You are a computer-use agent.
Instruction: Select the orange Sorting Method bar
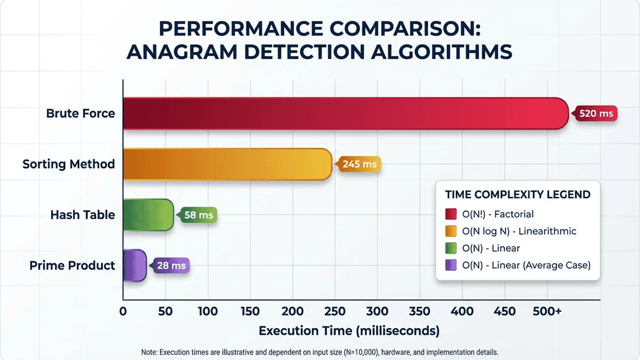click(x=228, y=164)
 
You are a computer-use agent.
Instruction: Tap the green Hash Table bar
click(x=148, y=215)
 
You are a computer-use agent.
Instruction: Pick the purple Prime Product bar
click(x=134, y=265)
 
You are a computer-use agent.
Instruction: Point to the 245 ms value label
click(x=359, y=164)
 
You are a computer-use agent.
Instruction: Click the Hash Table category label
click(x=83, y=215)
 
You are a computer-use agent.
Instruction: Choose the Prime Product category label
click(x=73, y=265)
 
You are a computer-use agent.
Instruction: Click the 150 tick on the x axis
click(x=250, y=311)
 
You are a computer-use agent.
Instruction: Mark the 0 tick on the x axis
click(x=123, y=311)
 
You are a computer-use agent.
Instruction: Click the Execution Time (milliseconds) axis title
click(x=349, y=331)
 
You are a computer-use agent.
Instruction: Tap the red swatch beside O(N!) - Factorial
click(x=451, y=214)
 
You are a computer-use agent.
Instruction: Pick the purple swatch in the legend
click(x=451, y=265)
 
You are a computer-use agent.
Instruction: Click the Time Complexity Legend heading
click(x=518, y=195)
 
